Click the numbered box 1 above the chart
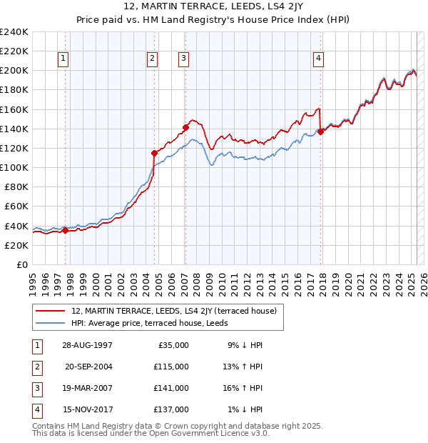[64, 59]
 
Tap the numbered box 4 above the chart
[318, 59]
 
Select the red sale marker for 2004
[154, 153]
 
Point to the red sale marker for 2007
[185, 127]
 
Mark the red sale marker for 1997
[65, 230]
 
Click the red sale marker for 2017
[320, 131]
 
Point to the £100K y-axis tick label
[14, 167]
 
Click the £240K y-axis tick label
[14, 31]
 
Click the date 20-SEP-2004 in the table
[88, 367]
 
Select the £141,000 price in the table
[172, 388]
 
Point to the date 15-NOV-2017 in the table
[88, 409]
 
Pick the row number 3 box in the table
[36, 388]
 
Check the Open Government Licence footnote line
[151, 433]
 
